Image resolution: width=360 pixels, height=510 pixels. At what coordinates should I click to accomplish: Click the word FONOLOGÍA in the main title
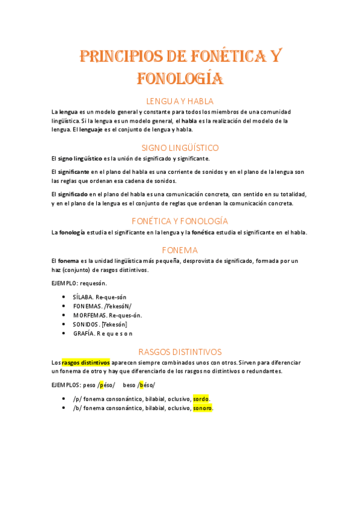[x=180, y=78]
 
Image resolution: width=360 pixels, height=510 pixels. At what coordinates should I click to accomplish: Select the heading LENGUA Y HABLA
[x=180, y=101]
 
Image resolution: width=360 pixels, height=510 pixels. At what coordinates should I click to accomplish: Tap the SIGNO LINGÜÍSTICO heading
[x=180, y=147]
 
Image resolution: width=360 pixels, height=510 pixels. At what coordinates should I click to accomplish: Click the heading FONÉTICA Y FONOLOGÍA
[x=180, y=221]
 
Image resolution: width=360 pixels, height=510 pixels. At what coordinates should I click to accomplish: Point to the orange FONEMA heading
[x=180, y=250]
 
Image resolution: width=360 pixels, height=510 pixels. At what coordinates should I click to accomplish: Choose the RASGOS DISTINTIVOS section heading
[x=180, y=351]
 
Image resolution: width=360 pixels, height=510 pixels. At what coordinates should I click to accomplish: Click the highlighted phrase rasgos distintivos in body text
[x=85, y=363]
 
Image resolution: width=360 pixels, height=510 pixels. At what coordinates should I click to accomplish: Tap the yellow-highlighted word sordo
[x=201, y=399]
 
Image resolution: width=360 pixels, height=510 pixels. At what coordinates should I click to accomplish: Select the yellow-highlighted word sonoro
[x=203, y=408]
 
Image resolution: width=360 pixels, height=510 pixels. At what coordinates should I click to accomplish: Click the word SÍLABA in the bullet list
[x=83, y=297]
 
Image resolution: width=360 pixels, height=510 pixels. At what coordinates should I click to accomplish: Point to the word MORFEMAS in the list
[x=90, y=315]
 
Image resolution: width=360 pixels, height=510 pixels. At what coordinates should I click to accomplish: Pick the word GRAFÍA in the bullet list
[x=84, y=333]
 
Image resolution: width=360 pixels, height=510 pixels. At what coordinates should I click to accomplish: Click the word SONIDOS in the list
[x=86, y=324]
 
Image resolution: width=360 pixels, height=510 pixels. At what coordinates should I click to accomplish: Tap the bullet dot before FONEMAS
[x=64, y=306]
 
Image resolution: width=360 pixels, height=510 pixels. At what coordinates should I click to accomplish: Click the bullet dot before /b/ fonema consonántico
[x=64, y=408]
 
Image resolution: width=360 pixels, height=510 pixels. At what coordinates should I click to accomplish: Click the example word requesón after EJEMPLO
[x=93, y=283]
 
